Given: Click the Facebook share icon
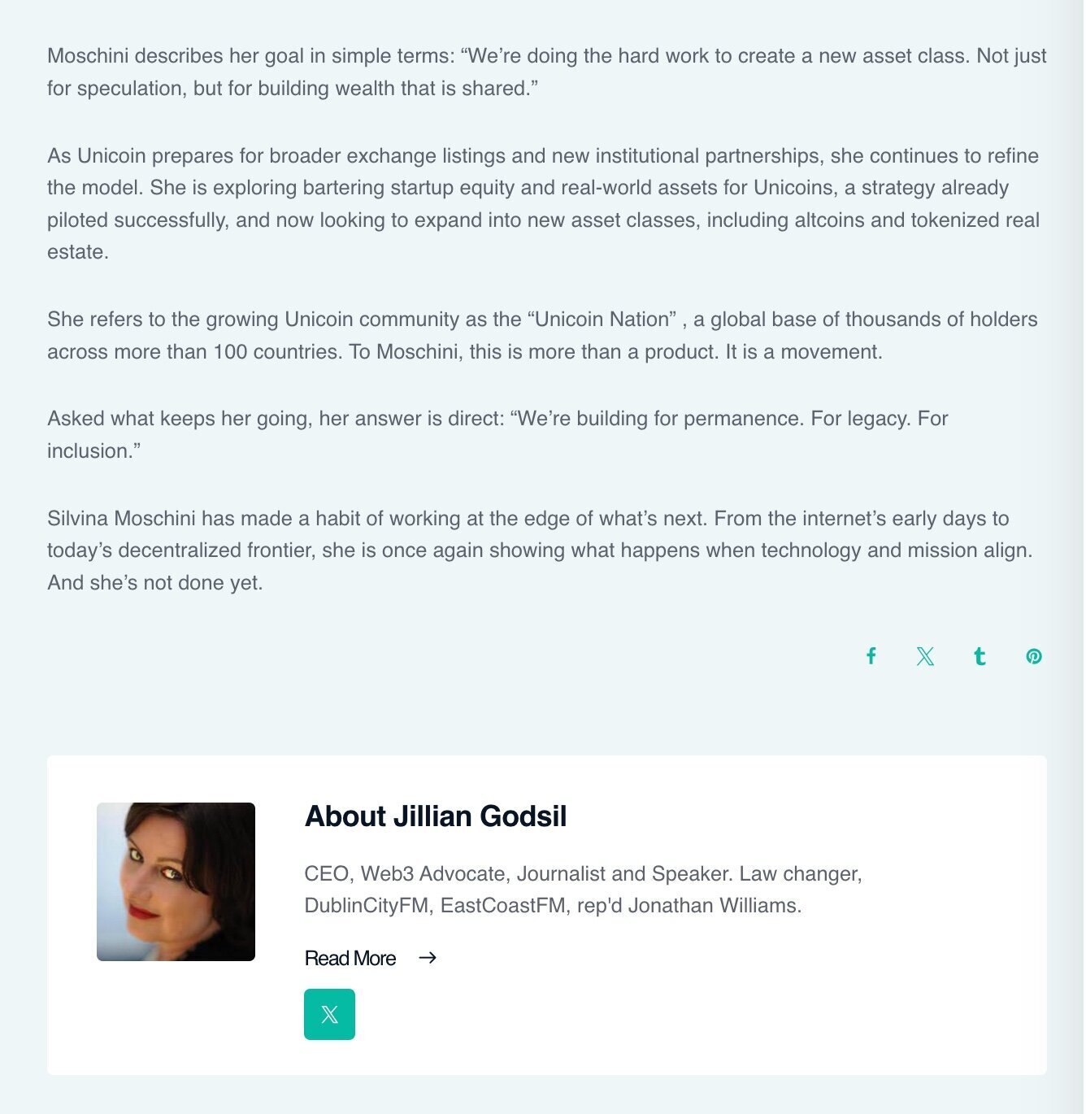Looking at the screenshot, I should [871, 656].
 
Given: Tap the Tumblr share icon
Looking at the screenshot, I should [980, 656].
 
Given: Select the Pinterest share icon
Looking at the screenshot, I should [1034, 656].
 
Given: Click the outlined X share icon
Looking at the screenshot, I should [925, 656].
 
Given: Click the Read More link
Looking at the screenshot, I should [350, 959].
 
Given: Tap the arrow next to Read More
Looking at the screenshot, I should [428, 958].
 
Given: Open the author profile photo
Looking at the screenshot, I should [176, 881].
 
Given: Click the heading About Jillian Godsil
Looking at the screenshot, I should [436, 816].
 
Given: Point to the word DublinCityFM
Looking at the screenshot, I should [367, 906].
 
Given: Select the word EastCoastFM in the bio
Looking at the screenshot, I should [503, 906].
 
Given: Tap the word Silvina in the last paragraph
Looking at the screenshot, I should [78, 519].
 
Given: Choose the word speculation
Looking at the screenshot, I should [129, 89].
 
